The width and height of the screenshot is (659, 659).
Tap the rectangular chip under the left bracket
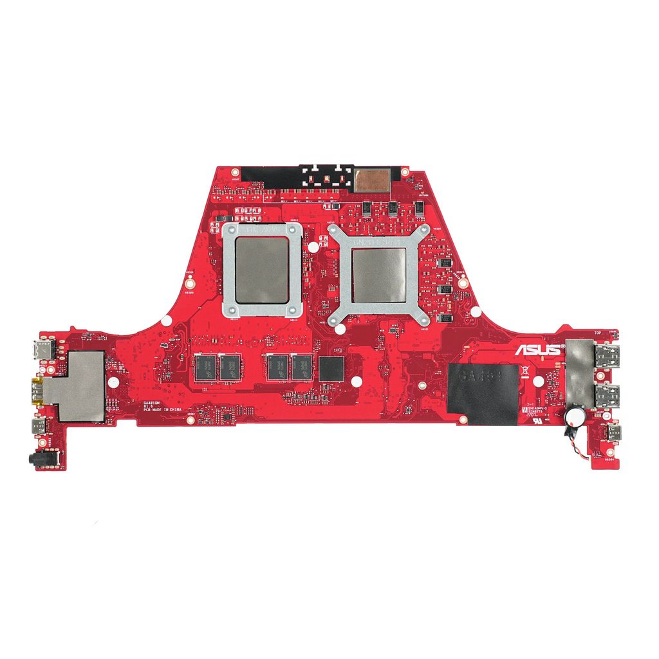(261, 268)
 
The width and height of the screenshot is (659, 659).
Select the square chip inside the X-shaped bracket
(379, 275)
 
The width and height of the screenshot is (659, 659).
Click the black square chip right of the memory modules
(331, 368)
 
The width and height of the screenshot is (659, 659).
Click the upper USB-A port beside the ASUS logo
(607, 357)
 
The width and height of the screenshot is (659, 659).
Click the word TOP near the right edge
(598, 334)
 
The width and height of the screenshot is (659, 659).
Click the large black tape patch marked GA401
(483, 394)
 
